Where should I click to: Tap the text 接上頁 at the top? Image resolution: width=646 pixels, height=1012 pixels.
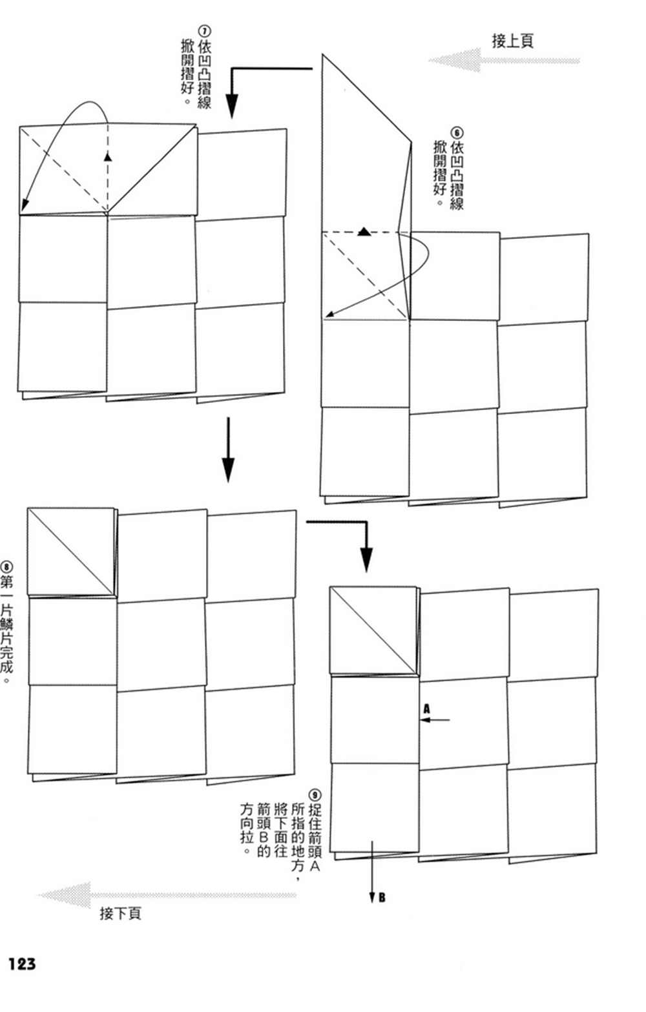click(x=513, y=41)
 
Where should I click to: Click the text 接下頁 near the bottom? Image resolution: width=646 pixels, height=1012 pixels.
click(x=120, y=913)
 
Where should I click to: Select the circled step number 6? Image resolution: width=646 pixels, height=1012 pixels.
click(x=457, y=133)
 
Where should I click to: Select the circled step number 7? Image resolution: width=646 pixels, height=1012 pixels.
click(x=204, y=31)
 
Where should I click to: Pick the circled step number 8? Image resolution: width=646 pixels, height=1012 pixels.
click(x=6, y=567)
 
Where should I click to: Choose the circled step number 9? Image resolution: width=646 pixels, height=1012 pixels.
click(x=315, y=795)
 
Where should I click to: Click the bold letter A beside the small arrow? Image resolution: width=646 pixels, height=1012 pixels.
click(x=426, y=709)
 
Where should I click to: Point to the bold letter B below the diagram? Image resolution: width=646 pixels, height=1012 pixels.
click(x=382, y=897)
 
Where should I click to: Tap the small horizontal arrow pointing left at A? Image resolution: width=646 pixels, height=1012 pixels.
click(x=435, y=719)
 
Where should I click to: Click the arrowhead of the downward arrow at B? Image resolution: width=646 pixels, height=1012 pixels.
click(x=371, y=898)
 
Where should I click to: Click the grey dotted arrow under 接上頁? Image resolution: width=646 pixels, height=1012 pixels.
click(x=504, y=60)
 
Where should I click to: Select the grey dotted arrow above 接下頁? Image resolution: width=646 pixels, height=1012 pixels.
click(x=167, y=894)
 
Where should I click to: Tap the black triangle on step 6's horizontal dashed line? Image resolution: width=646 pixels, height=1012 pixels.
click(x=364, y=232)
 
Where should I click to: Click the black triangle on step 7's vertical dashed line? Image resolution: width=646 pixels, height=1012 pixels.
click(x=108, y=156)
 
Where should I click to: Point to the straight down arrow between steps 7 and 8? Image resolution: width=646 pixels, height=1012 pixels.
click(x=228, y=449)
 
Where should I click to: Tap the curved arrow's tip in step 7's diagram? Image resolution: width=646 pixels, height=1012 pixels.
click(x=23, y=209)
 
